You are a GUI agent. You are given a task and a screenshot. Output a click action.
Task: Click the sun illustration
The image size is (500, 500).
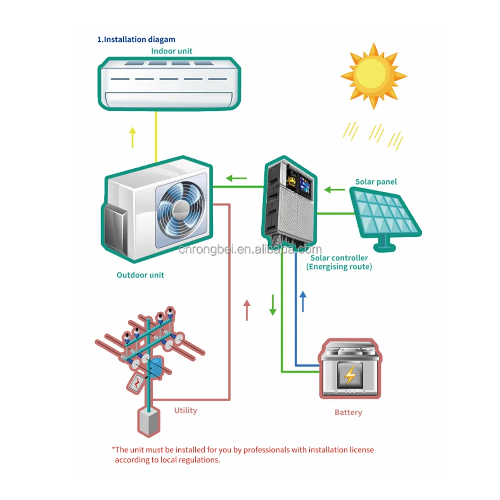373,76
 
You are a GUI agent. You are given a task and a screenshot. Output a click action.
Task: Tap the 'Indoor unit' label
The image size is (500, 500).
172,51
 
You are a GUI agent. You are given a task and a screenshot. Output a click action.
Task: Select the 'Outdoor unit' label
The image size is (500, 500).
140,275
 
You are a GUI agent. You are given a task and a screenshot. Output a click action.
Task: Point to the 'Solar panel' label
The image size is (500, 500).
376,182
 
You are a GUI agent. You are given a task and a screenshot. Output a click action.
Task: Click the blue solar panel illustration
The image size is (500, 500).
383,216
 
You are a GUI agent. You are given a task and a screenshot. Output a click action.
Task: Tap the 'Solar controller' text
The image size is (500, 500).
339,258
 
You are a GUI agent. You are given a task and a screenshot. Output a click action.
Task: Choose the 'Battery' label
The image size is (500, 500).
348,413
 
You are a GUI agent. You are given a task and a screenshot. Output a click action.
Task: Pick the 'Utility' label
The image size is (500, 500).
185,411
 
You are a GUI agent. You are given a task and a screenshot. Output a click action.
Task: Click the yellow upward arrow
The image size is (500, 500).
132,137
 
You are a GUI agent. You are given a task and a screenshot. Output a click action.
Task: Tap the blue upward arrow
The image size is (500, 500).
302,301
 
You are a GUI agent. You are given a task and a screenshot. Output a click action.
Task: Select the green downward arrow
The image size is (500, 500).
273,305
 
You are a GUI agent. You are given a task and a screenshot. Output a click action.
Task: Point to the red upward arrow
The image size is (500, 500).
246,310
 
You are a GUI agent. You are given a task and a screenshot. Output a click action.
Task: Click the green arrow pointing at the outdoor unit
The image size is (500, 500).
236,177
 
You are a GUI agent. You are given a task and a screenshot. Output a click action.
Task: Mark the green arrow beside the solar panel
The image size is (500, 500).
334,190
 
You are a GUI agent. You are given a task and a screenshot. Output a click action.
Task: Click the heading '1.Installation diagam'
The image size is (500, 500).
136,39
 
